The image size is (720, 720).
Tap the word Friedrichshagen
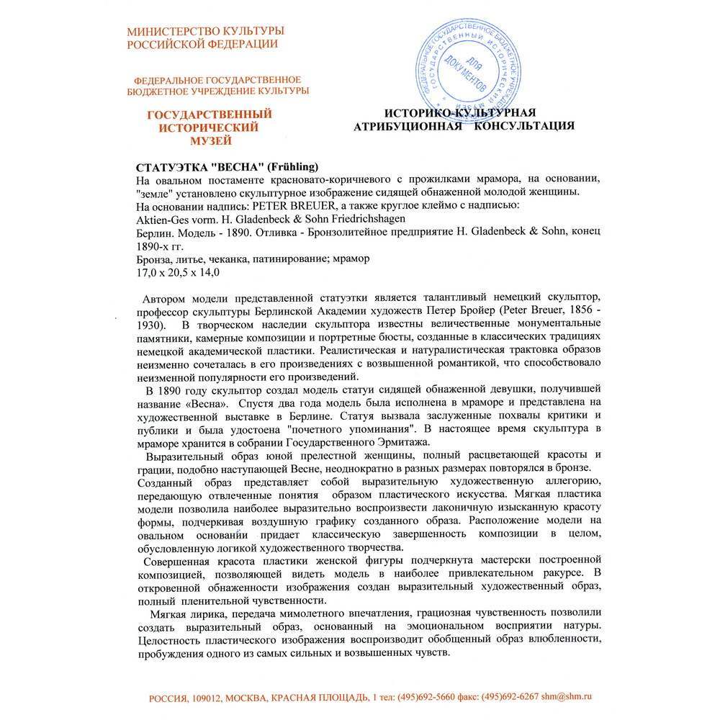coord(364,218)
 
